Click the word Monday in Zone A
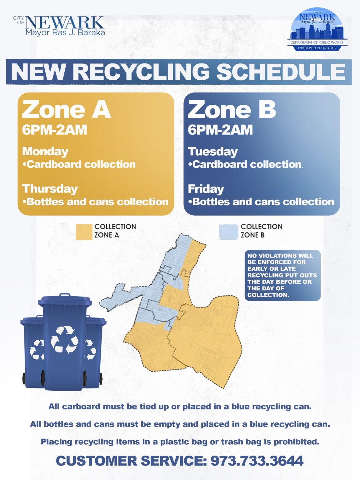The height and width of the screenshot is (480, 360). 45,151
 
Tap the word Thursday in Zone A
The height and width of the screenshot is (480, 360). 50,189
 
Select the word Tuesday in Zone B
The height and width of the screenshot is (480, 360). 213,151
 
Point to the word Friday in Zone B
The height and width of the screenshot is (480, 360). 206,189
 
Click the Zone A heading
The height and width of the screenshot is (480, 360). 66,110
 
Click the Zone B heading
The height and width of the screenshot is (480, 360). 232,110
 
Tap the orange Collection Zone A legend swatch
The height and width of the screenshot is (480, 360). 84,232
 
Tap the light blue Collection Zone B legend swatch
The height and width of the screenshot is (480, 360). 228,232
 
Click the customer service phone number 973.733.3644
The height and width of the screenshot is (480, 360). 257,461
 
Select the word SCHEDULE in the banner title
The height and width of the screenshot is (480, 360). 281,72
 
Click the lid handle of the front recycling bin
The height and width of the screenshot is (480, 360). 65,295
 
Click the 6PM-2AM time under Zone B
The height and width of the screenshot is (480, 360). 220,130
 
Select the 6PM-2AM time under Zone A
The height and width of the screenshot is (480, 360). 55,130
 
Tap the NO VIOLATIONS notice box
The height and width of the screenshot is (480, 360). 282,275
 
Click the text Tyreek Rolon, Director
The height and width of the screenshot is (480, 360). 317,48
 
